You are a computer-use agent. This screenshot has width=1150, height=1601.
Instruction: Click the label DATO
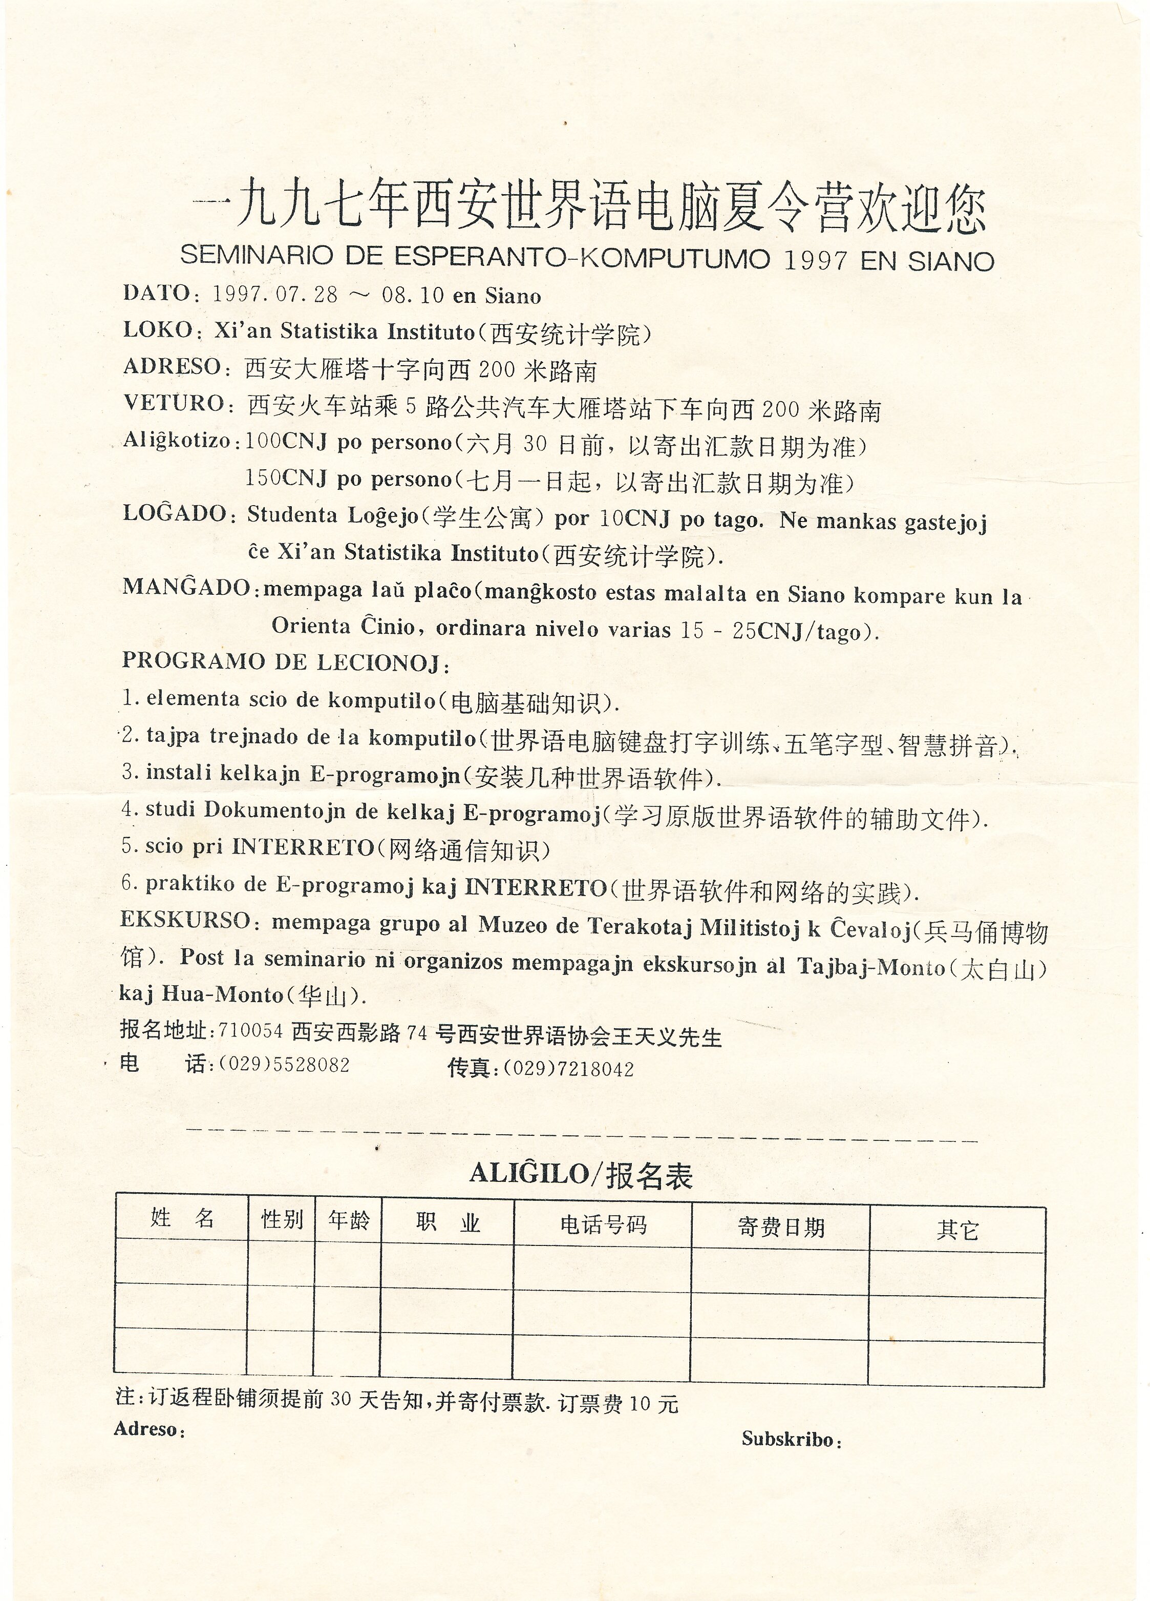point(155,293)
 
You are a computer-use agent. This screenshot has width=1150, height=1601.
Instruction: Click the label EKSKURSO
point(185,920)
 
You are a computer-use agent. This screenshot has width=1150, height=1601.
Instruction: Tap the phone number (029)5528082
point(284,1065)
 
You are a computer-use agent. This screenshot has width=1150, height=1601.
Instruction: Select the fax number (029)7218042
point(568,1069)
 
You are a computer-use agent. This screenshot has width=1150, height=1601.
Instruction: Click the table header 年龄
point(349,1220)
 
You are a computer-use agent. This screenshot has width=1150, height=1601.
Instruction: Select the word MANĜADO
point(186,587)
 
